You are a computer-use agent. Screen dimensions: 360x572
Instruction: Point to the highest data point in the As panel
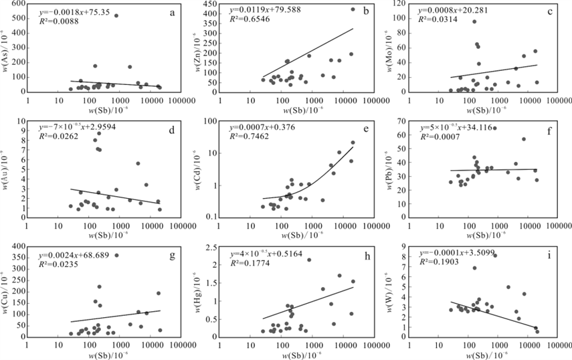point(116,15)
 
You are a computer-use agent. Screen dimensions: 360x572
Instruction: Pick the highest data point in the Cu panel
point(116,255)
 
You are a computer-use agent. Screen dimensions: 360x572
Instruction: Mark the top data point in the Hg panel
point(309,260)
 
